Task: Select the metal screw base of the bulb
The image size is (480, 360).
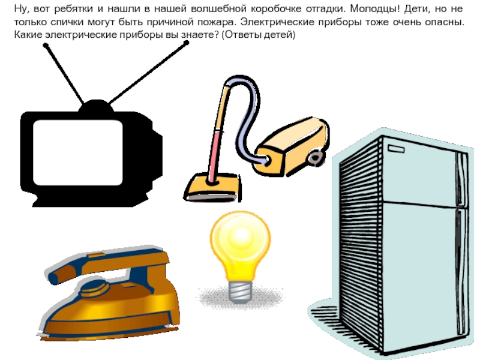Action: point(241,291)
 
